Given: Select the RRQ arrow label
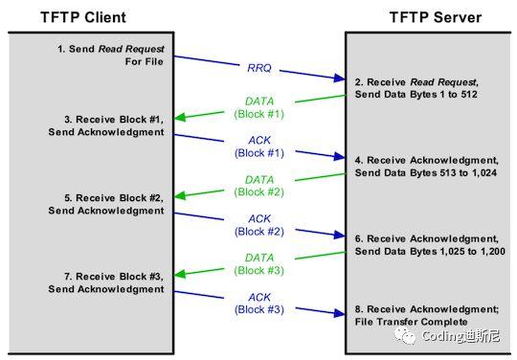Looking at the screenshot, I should click(x=258, y=68).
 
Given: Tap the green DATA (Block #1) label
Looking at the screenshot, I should click(x=258, y=106).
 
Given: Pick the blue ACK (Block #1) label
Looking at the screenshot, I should click(x=258, y=146).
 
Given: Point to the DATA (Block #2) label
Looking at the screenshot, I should click(x=258, y=186).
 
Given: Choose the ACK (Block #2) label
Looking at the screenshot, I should click(x=258, y=226).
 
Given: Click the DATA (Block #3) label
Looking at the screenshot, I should click(x=258, y=265).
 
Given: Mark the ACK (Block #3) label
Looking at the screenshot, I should click(x=258, y=304).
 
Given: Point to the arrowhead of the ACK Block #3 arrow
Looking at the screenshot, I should click(x=340, y=312).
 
